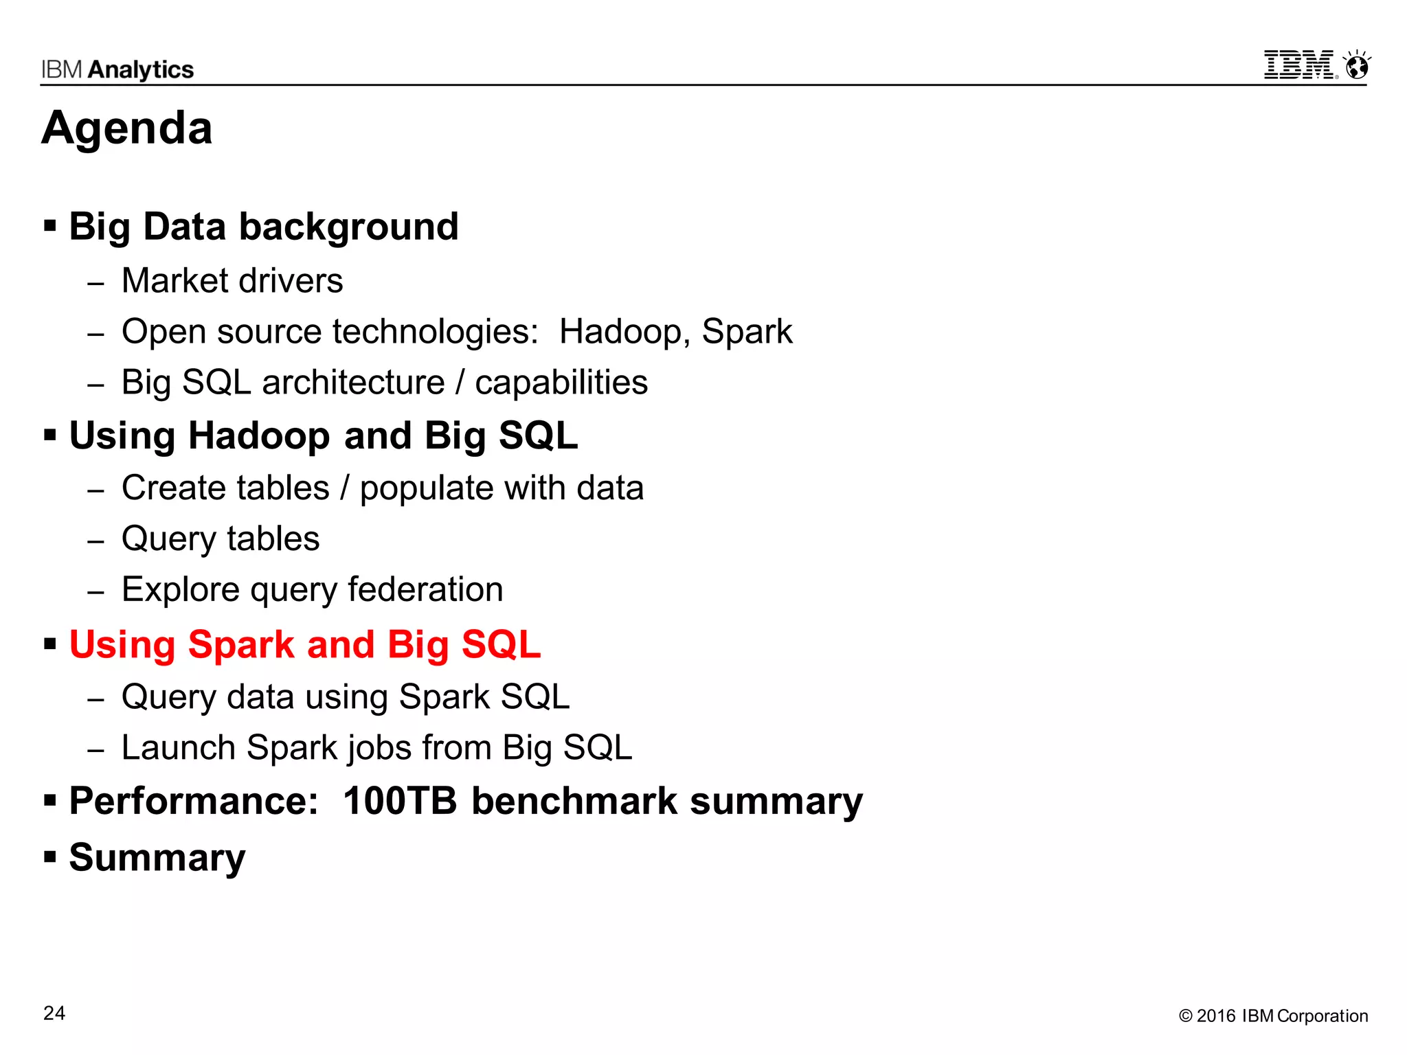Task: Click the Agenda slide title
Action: click(127, 128)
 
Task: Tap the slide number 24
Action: click(54, 1013)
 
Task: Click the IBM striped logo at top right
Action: click(1298, 65)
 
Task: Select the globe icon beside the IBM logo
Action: click(1357, 67)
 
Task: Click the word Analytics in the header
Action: click(141, 69)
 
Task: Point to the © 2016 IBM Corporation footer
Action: click(1273, 1016)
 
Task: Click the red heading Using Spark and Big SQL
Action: click(305, 645)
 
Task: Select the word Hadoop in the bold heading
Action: click(259, 436)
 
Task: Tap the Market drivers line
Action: click(232, 281)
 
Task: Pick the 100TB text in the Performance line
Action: click(400, 801)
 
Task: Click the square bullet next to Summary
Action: click(49, 857)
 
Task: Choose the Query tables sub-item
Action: click(221, 538)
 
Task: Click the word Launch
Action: click(178, 747)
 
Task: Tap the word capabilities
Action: click(561, 383)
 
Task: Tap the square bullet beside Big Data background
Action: click(49, 225)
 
